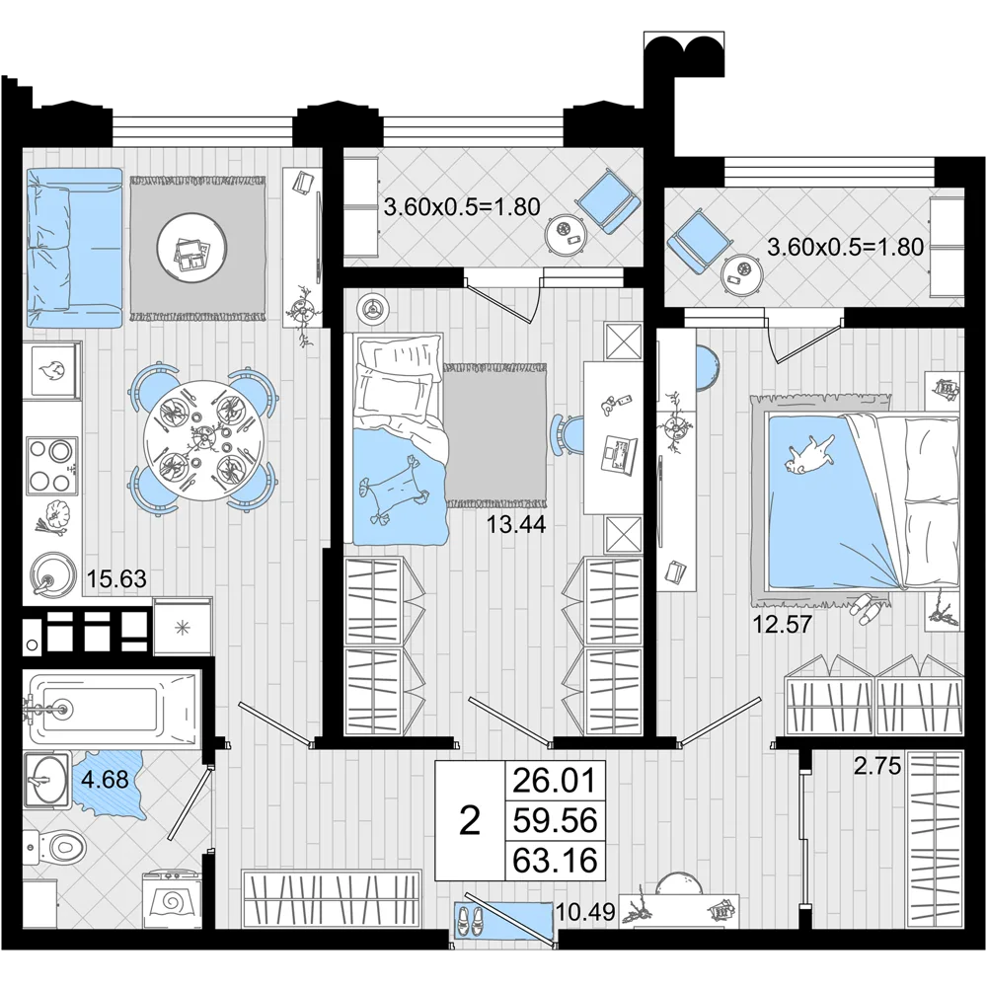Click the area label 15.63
[x=116, y=577]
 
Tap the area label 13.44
[x=516, y=524]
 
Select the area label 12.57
[x=783, y=625]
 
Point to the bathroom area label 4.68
[x=106, y=780]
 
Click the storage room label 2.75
[x=877, y=766]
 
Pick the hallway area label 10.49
[x=585, y=911]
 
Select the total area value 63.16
[x=555, y=860]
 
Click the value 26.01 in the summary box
[x=555, y=781]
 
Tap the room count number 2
[x=470, y=821]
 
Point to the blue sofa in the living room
[x=74, y=248]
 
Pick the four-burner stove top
[x=53, y=467]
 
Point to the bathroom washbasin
[x=46, y=781]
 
